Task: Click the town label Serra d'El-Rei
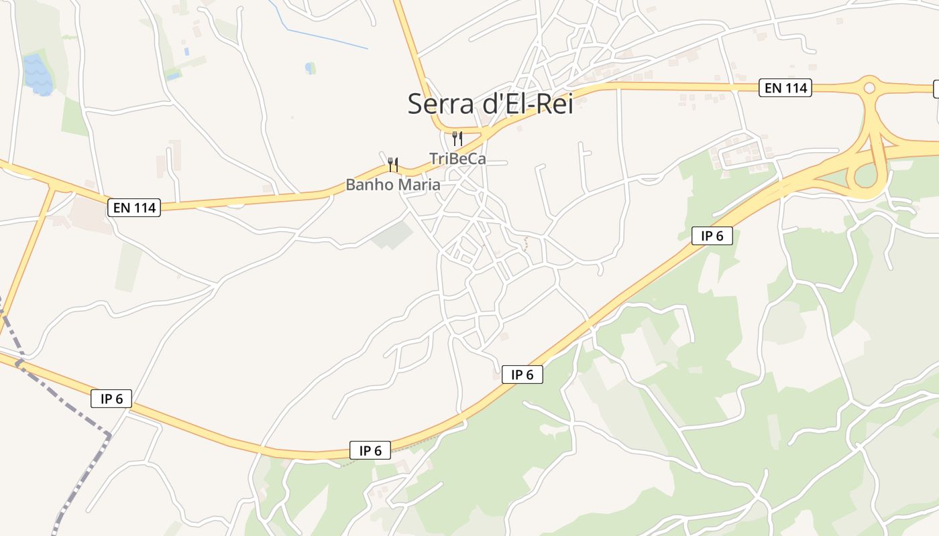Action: pos(490,103)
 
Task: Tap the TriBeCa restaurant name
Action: pos(457,159)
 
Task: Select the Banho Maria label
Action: pos(393,184)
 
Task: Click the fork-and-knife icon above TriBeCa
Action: pos(457,139)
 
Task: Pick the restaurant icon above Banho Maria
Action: pos(393,164)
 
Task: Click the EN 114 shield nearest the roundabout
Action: pos(785,88)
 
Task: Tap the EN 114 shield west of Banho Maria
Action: pos(134,208)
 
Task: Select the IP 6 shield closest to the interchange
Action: pos(712,236)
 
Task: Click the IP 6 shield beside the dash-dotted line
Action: pos(111,399)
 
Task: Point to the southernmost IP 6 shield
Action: pos(370,451)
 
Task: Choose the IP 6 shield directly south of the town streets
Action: pos(522,375)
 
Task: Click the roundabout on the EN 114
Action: pos(869,87)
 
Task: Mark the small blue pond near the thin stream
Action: pos(309,68)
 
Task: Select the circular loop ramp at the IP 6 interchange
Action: pos(866,176)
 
